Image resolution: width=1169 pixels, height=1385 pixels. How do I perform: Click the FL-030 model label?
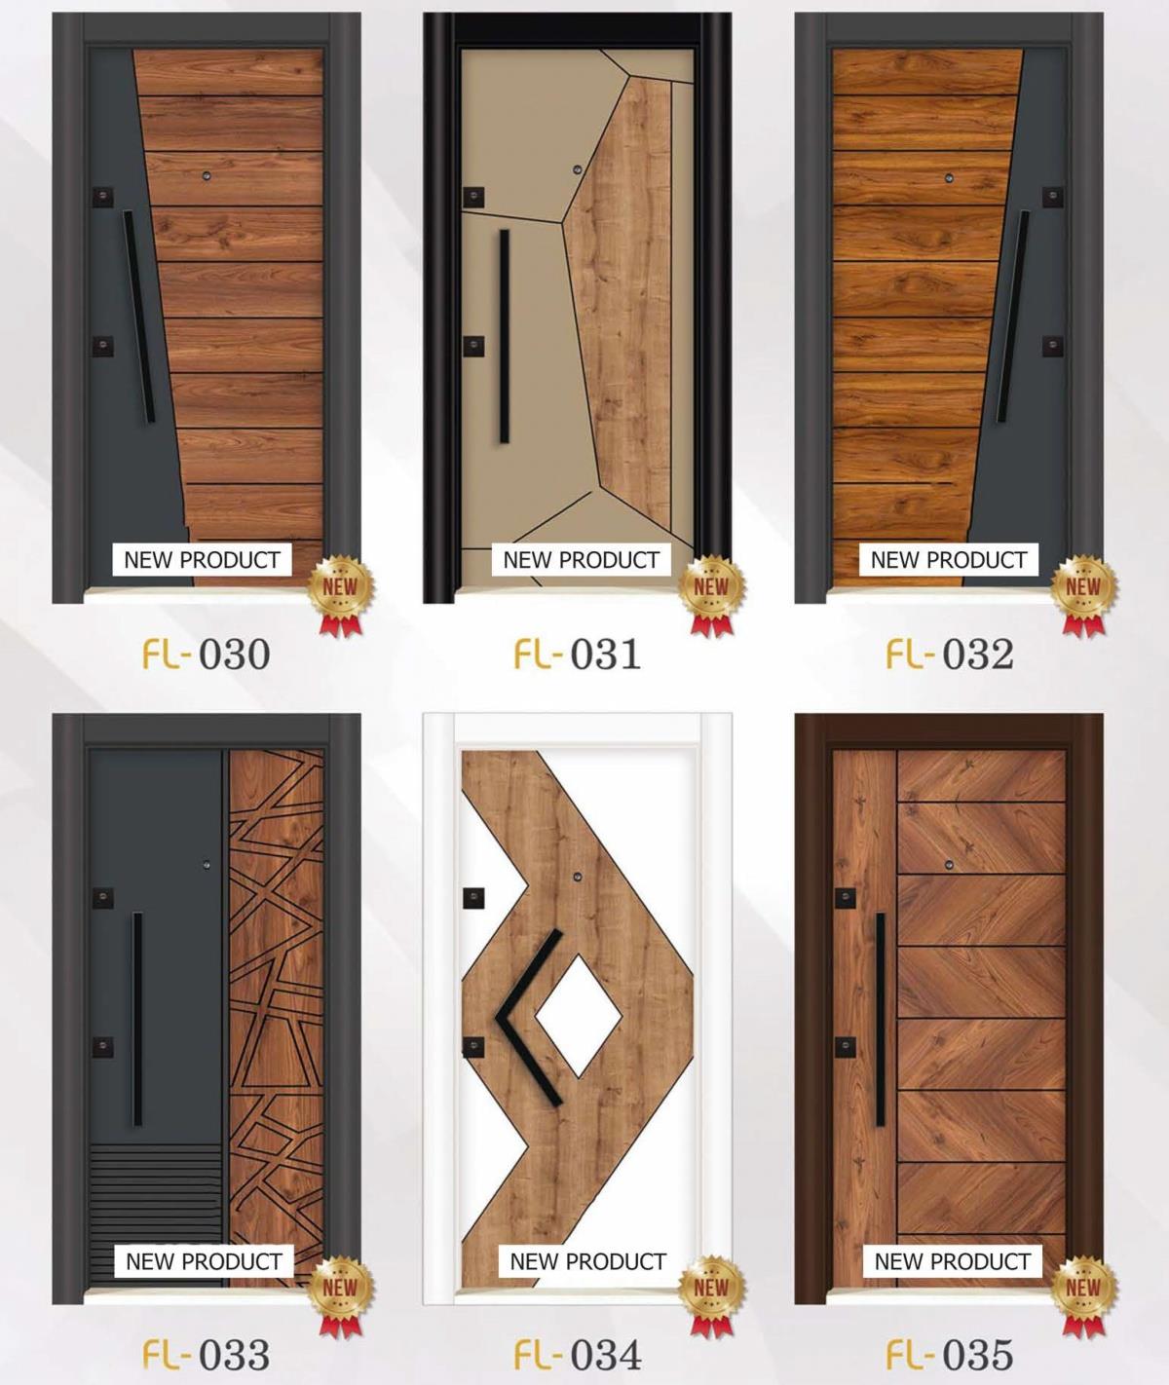click(207, 654)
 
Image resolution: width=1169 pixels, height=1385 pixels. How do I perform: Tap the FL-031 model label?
click(578, 654)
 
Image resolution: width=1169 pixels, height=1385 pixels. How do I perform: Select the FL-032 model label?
click(950, 654)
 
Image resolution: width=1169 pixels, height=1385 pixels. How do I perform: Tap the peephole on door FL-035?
click(949, 865)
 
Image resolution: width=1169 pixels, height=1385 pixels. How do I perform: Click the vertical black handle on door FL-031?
click(505, 336)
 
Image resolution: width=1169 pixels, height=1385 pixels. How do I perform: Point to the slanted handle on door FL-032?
click(1013, 318)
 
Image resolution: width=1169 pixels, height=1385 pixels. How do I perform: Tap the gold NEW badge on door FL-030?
click(340, 593)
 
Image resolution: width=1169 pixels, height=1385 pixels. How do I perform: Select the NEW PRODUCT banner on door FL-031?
click(582, 560)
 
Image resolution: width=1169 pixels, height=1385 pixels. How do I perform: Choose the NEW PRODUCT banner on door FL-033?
click(204, 1261)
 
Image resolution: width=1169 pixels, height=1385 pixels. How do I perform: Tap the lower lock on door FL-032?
click(1052, 346)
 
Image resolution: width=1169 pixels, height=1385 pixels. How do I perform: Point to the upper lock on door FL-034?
click(473, 898)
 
